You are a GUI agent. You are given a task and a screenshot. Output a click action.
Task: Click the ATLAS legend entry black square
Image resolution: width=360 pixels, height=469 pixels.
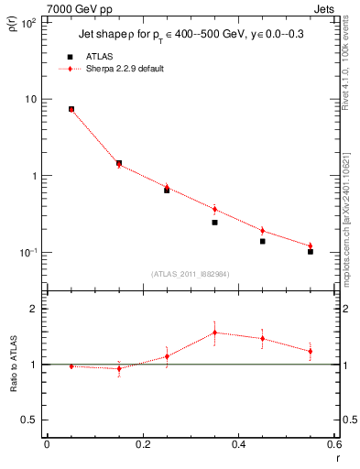(x=70, y=57)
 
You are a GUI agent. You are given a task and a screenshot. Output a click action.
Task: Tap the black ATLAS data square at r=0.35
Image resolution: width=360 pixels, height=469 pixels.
(x=214, y=223)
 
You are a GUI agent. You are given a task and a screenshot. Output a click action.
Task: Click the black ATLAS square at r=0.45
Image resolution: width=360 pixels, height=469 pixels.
(x=262, y=241)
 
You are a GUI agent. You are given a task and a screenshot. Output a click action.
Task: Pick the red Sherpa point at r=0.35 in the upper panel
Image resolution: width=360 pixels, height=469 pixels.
(x=214, y=209)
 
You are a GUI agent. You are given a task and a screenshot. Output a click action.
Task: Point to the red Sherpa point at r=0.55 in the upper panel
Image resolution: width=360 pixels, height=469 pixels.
(x=311, y=245)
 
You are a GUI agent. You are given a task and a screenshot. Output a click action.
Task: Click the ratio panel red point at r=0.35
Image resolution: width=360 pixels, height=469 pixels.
(x=214, y=332)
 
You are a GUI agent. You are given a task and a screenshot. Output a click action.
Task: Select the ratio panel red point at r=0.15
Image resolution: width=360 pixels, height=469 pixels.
(x=119, y=368)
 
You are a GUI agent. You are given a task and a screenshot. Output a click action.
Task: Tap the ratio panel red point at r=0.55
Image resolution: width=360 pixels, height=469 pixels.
(x=311, y=351)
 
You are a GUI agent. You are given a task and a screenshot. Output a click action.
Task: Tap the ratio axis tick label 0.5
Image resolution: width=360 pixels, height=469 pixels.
(x=29, y=420)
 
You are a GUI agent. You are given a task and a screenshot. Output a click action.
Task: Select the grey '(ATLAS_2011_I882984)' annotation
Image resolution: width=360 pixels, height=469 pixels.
(x=190, y=274)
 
